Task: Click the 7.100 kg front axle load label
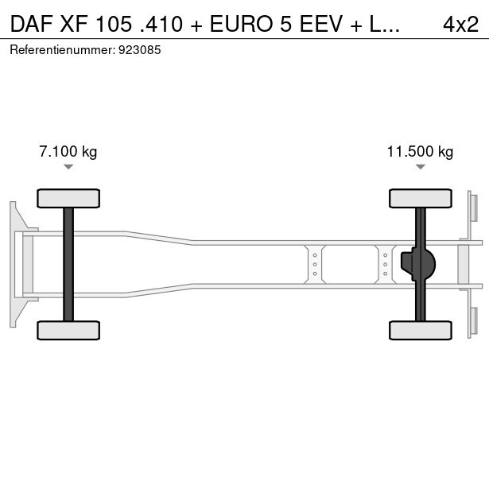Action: point(68,152)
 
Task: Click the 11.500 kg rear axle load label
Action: point(420,152)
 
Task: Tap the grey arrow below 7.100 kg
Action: point(68,167)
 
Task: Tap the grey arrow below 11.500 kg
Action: point(421,167)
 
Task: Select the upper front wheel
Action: point(68,198)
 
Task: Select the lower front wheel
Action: point(68,330)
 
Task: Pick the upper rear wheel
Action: point(421,198)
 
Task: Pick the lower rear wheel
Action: point(421,330)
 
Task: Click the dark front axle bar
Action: point(68,265)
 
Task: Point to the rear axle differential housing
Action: point(418,265)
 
